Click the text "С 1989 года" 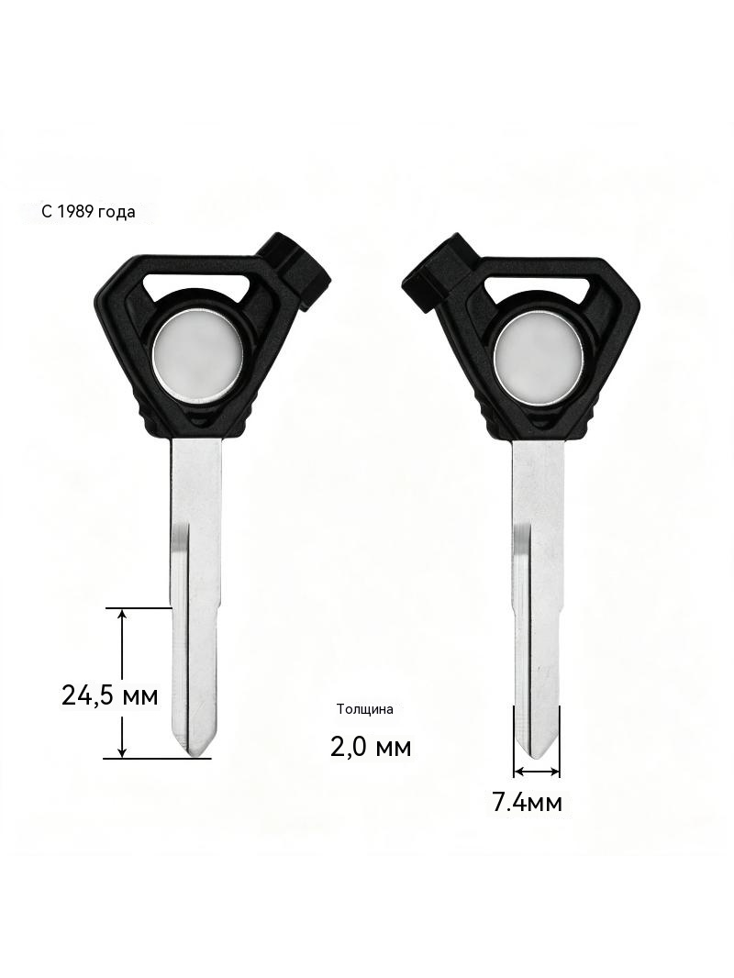pos(88,211)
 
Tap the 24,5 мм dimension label pos(110,695)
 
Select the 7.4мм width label pos(528,802)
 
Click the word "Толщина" pos(365,709)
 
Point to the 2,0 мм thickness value pos(371,746)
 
